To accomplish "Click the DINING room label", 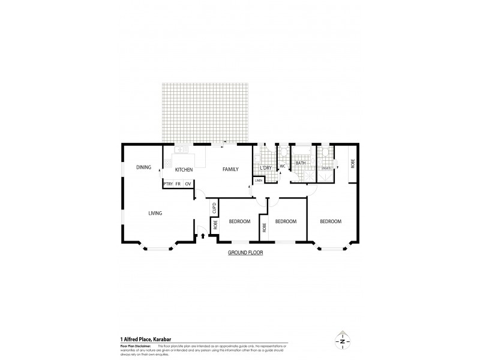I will [x=143, y=167].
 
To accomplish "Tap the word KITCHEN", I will [x=184, y=170].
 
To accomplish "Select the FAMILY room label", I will [x=231, y=170].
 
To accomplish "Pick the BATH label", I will [x=301, y=163].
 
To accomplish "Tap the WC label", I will [x=282, y=166].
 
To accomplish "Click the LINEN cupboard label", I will [x=259, y=180].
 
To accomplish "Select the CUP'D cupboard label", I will [x=214, y=209].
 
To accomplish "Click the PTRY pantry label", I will [x=168, y=184].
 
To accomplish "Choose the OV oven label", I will [x=188, y=184].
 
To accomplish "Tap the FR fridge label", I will [x=178, y=184].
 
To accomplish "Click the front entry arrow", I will [x=202, y=236].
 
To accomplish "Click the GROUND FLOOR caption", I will [x=245, y=253].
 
